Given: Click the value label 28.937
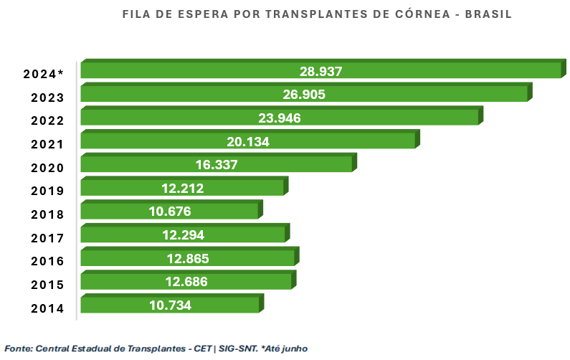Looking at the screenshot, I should pyautogui.click(x=320, y=71).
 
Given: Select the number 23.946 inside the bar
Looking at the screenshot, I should pyautogui.click(x=279, y=118).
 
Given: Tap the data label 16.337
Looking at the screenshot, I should pyautogui.click(x=217, y=165).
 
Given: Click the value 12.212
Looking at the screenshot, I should pyautogui.click(x=183, y=189).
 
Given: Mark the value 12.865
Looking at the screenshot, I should pyautogui.click(x=187, y=258).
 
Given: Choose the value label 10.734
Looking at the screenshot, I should pyautogui.click(x=171, y=305).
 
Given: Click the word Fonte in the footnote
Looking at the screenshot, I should pyautogui.click(x=18, y=348).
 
